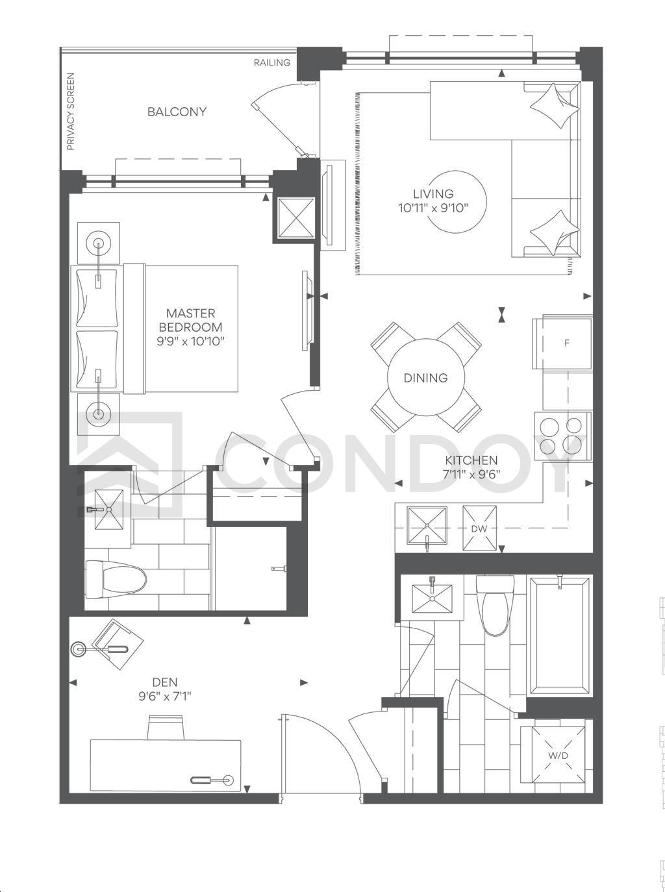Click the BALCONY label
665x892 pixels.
(177, 112)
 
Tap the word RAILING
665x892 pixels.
(272, 62)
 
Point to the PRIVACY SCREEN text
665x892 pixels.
(71, 112)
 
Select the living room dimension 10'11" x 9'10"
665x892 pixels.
(433, 208)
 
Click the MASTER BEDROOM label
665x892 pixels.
(191, 320)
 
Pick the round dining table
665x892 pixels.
(425, 378)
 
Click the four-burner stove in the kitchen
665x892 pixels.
(564, 436)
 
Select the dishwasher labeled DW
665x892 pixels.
(480, 528)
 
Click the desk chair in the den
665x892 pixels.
(166, 728)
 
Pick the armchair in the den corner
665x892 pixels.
(118, 645)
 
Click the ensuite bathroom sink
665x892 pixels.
(108, 510)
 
